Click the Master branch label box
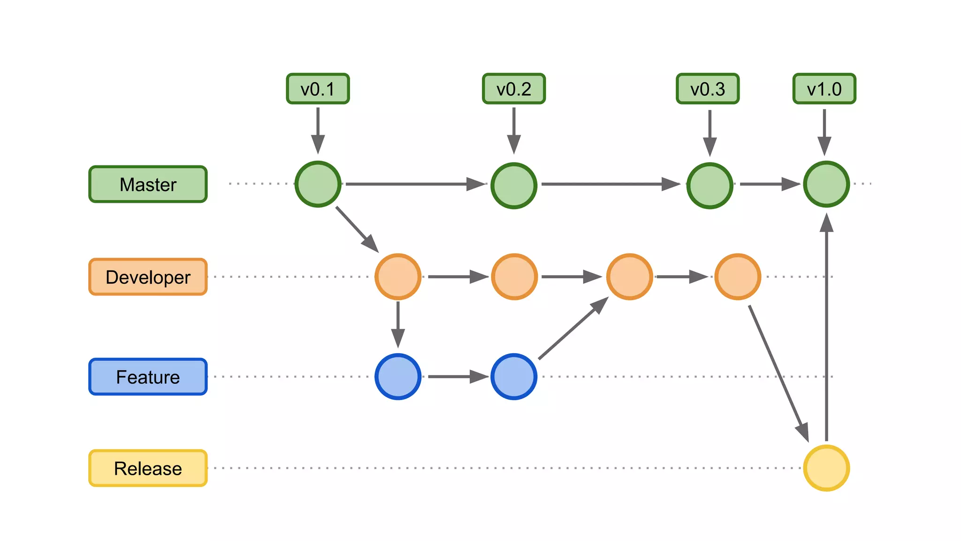(x=148, y=184)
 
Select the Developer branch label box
(x=148, y=277)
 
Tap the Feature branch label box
(x=148, y=377)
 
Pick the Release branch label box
(x=148, y=468)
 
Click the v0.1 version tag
(x=318, y=89)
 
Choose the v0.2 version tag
(x=514, y=89)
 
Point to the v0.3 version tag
(x=708, y=89)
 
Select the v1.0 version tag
(x=824, y=89)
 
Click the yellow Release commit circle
(x=826, y=468)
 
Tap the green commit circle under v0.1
(x=318, y=184)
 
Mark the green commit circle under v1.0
(x=826, y=184)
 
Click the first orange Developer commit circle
(x=398, y=277)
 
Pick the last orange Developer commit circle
(x=738, y=277)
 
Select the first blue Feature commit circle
(x=398, y=377)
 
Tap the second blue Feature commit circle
(x=514, y=377)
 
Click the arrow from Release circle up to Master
(x=826, y=329)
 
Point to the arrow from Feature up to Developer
(x=572, y=329)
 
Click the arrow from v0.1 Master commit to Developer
(x=357, y=229)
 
